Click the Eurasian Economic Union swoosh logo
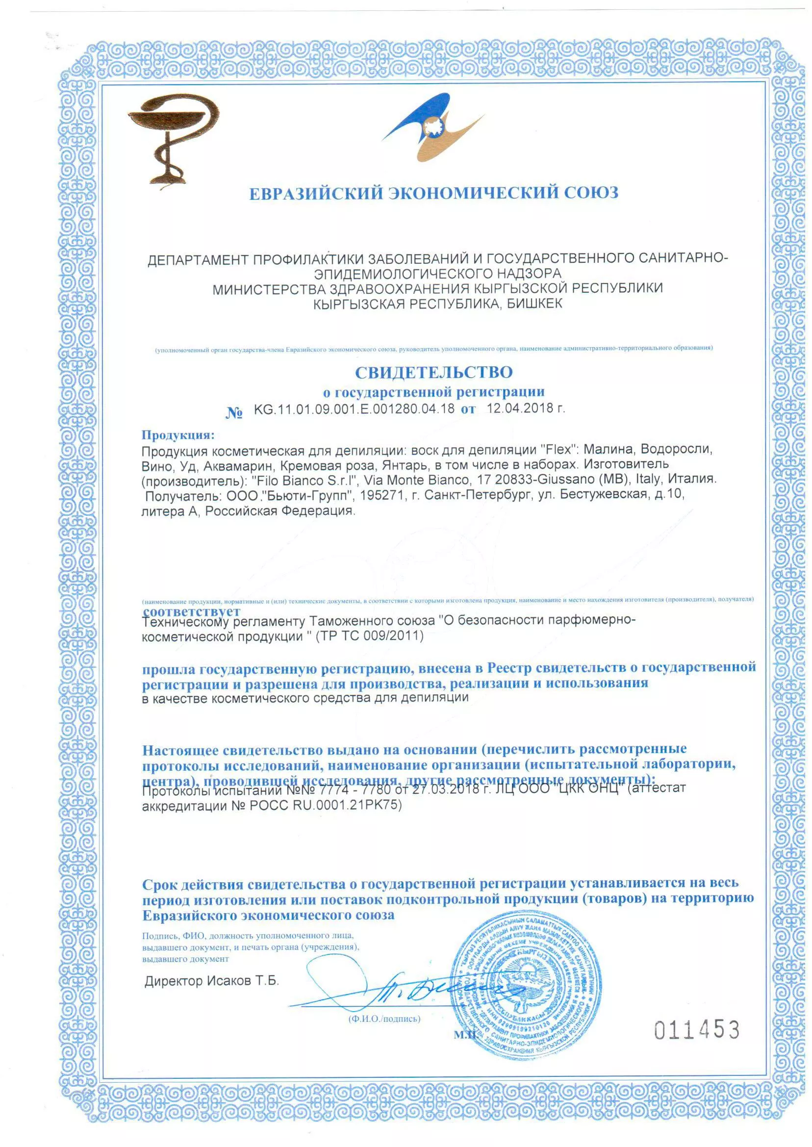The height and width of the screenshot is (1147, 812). click(432, 127)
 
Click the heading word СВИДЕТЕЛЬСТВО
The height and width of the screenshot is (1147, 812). click(433, 373)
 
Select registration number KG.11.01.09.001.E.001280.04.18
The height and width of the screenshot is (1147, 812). click(354, 409)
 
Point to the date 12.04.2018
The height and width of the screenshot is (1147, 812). click(520, 408)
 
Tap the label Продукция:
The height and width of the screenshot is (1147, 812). click(178, 434)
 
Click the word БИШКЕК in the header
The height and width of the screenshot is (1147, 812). click(534, 304)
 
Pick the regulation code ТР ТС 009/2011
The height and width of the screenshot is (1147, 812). click(370, 636)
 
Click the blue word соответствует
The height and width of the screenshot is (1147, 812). click(191, 611)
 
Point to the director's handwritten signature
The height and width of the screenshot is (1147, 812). click(400, 988)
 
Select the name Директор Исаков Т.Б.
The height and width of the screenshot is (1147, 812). click(211, 980)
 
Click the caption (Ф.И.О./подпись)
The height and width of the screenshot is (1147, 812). click(384, 1019)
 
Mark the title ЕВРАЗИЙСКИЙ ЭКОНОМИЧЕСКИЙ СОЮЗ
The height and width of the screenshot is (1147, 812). click(433, 193)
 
